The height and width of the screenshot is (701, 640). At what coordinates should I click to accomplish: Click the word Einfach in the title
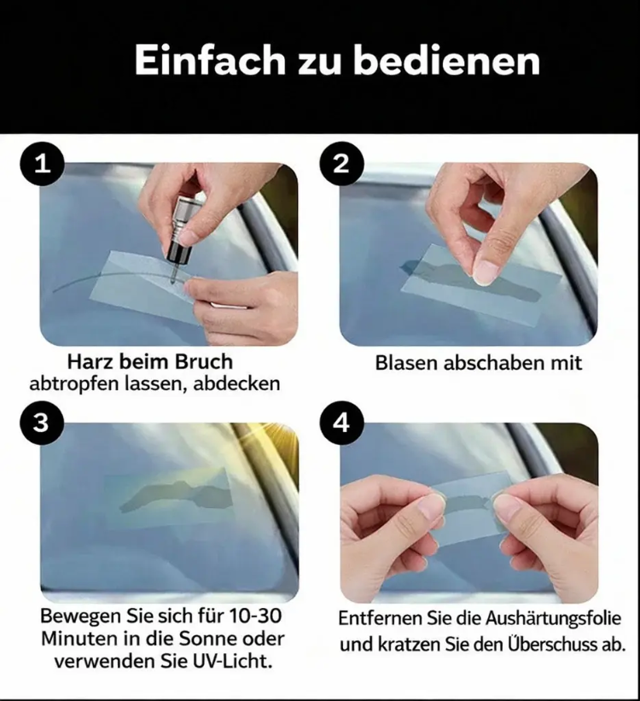click(x=210, y=61)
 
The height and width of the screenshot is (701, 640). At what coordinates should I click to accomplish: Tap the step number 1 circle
click(x=43, y=164)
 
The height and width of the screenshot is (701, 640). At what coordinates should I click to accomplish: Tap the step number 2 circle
click(x=342, y=164)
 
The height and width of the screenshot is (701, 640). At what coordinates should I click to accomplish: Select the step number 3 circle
click(x=42, y=423)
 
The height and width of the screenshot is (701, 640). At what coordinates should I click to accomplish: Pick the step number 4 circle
click(x=342, y=423)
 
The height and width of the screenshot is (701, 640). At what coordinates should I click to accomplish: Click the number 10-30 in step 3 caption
click(x=255, y=616)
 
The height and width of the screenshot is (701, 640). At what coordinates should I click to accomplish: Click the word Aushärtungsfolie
click(x=553, y=619)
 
